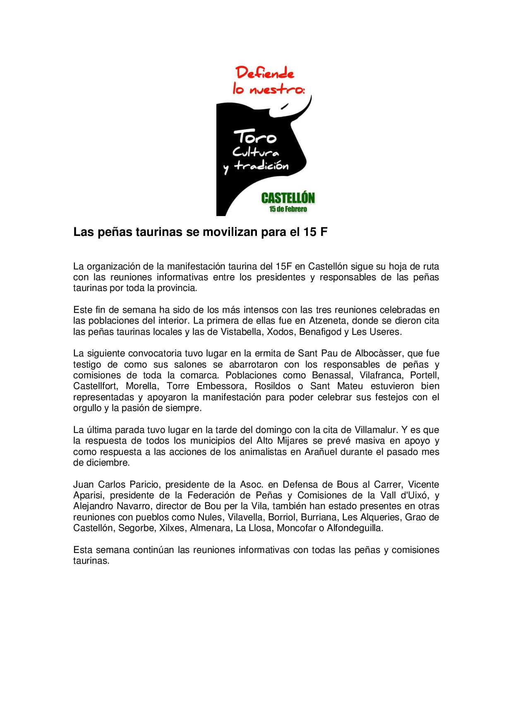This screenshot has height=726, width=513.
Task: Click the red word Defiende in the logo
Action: (x=265, y=74)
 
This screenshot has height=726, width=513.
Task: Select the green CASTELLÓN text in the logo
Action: (x=288, y=198)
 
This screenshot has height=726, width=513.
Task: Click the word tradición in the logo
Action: (x=261, y=166)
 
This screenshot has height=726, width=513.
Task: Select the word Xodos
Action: (x=281, y=332)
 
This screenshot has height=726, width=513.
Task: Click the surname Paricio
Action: (x=147, y=484)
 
